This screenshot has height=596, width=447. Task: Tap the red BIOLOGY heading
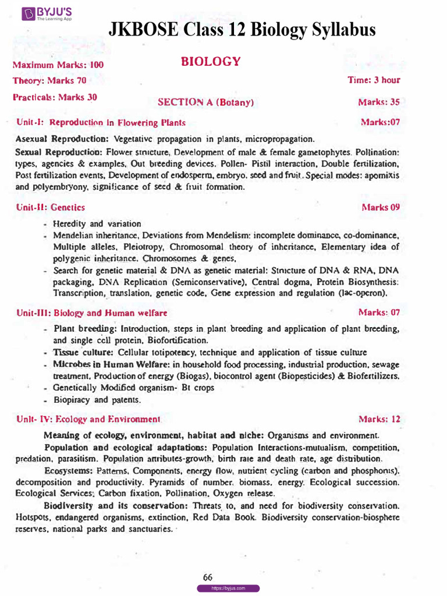pos(210,62)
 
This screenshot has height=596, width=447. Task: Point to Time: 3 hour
pos(374,80)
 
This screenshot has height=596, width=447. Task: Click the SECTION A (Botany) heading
pos(206,102)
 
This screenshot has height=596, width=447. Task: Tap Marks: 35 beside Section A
pos(379,102)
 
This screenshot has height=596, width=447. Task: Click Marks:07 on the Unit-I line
pos(380,122)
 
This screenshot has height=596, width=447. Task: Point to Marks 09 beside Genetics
pos(381,207)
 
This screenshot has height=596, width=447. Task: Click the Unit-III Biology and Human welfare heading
pos(92,313)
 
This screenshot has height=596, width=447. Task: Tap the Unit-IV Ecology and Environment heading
pos(88,419)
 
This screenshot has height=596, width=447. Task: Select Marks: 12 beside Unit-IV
pos(379,419)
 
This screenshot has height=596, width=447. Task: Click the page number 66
pos(208,577)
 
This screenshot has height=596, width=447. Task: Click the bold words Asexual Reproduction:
pos(62,140)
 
